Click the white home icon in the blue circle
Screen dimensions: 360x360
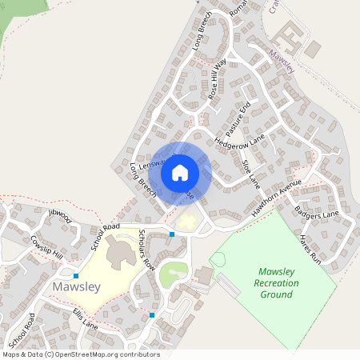[x=180, y=172]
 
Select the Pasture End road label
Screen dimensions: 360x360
[x=238, y=118]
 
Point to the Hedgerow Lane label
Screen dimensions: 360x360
[x=239, y=143]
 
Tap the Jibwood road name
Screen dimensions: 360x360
[x=60, y=214]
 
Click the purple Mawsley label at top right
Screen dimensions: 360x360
[x=281, y=62]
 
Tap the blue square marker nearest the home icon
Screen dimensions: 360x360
[x=172, y=234]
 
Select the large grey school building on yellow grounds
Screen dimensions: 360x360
[x=121, y=255]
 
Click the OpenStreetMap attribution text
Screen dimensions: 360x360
[x=81, y=354]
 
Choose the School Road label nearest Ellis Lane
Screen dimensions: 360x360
[x=22, y=330]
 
